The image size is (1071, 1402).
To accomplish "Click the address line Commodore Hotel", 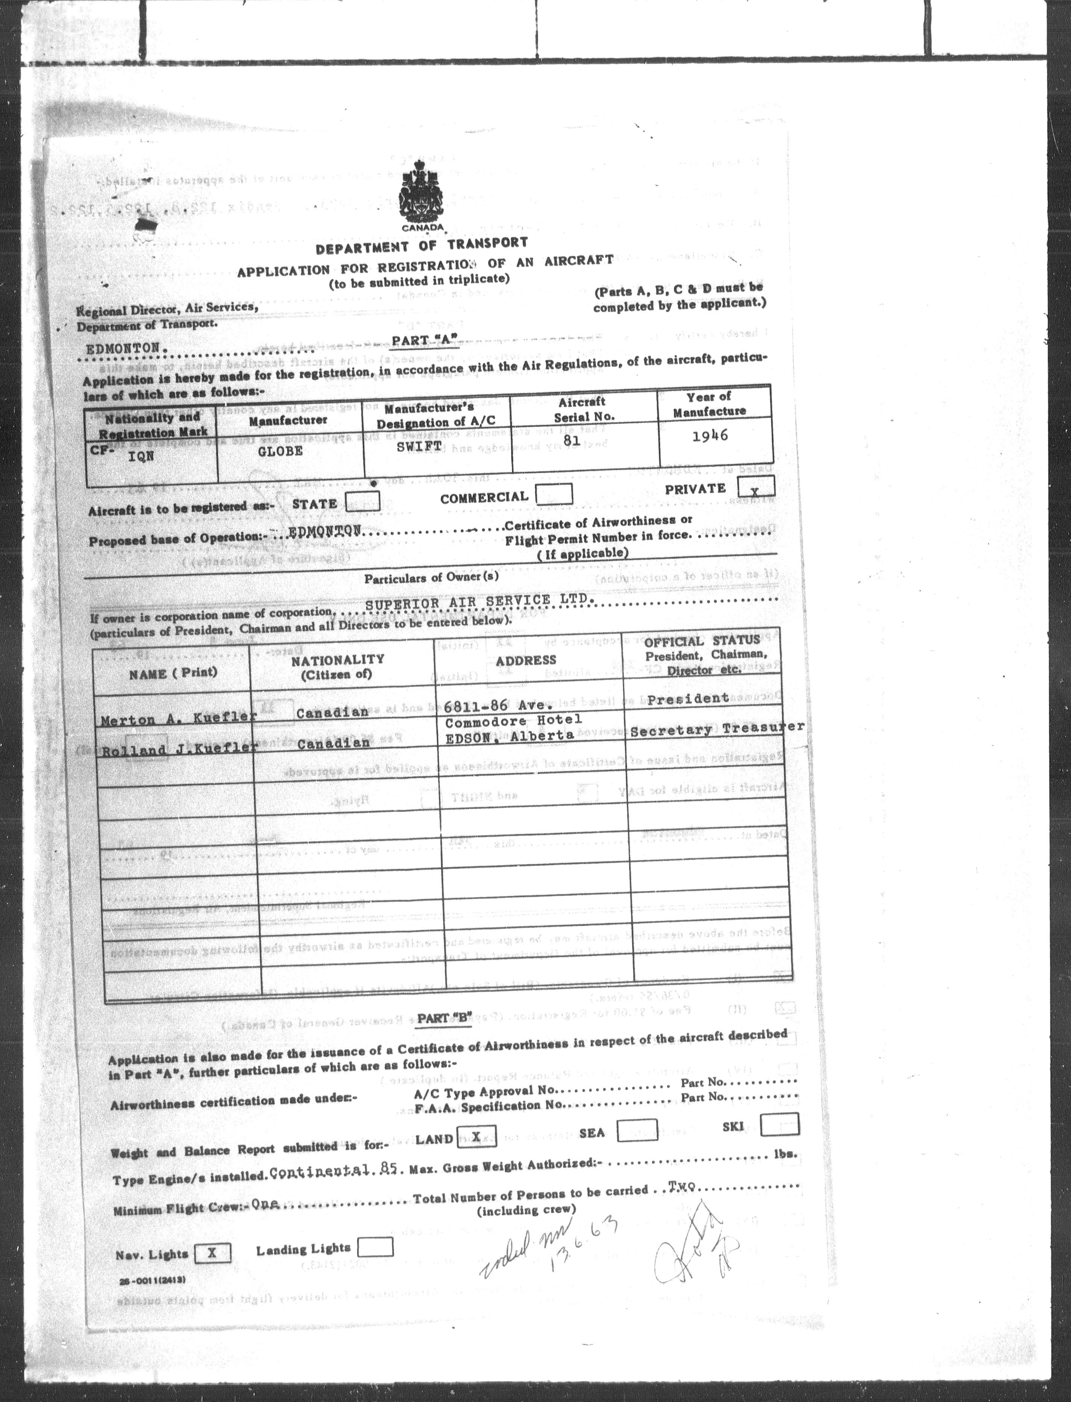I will click(513, 721).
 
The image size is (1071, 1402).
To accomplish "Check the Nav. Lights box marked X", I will click(211, 1253).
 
